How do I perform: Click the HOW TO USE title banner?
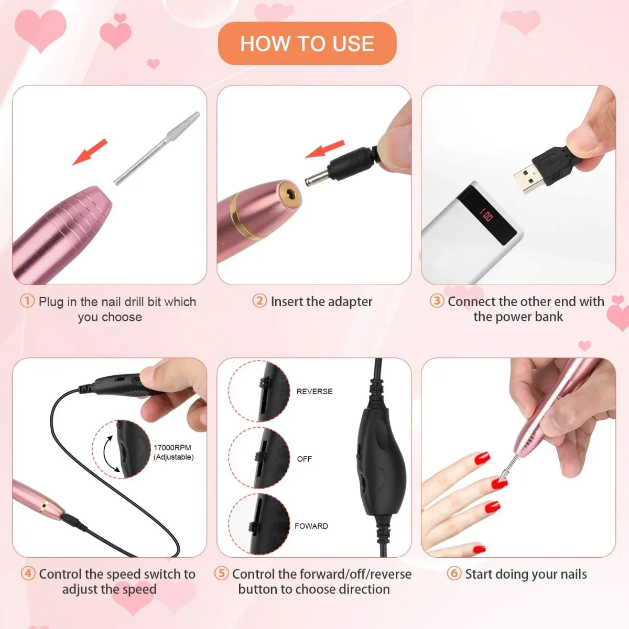tap(307, 44)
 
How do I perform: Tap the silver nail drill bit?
tap(157, 148)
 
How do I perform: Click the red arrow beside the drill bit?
tap(90, 152)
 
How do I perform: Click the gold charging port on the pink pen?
tap(289, 194)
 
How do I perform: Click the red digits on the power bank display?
tap(486, 214)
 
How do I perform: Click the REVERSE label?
tap(314, 392)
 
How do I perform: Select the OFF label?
tap(304, 459)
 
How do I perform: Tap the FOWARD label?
tap(311, 526)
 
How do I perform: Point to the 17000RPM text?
tap(172, 448)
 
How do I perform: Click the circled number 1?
tap(27, 301)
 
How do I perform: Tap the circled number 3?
tap(437, 301)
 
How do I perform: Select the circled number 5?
tap(222, 573)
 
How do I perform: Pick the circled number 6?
tap(454, 573)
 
